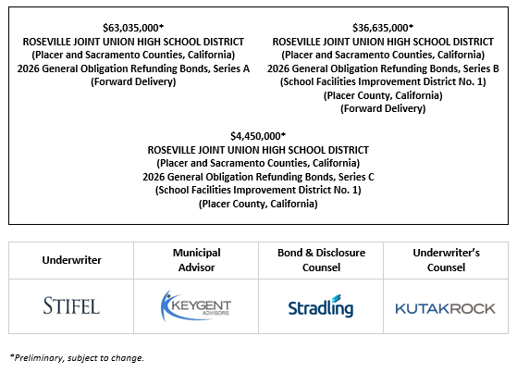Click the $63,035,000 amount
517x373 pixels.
coord(133,29)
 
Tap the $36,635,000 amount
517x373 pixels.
coord(383,29)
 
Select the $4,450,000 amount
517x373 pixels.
coord(258,137)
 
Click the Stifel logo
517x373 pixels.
coord(71,306)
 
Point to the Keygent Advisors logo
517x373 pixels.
coord(195,306)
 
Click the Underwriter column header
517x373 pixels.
coord(71,260)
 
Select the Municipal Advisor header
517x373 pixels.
coord(195,260)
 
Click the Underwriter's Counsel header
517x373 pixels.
coord(445,260)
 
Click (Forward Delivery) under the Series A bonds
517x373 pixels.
coord(133,81)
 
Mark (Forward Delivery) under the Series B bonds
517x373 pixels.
coord(383,108)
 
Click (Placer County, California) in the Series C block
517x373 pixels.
coord(258,204)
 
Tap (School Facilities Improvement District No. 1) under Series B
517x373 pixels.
coord(383,81)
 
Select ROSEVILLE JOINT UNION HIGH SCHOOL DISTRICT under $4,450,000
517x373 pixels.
coord(258,150)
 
